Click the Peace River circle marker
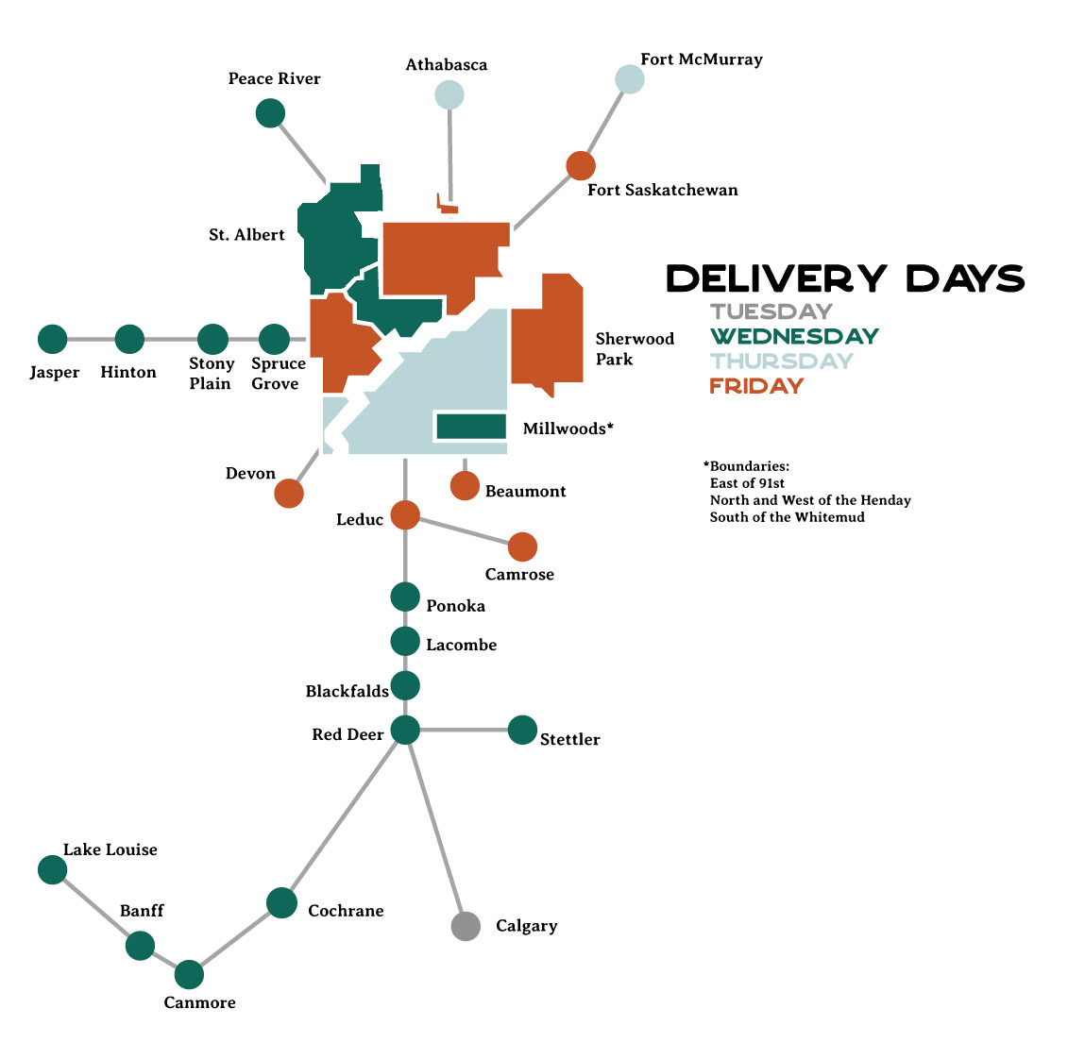tap(270, 113)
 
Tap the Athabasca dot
tap(449, 94)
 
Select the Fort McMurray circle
tap(630, 79)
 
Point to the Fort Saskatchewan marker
tap(581, 165)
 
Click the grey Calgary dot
tap(466, 927)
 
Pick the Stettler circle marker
tap(522, 730)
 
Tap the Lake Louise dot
tap(53, 869)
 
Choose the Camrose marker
tap(522, 546)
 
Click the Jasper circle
tap(53, 339)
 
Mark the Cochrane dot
tap(281, 902)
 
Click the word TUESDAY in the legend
tap(771, 311)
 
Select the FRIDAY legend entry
tap(756, 386)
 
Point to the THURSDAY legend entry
tap(782, 361)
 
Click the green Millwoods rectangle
tap(471, 427)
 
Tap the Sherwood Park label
tap(635, 348)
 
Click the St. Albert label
tap(246, 235)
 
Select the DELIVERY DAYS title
tap(845, 278)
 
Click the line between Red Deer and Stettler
tap(464, 730)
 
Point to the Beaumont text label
tap(525, 491)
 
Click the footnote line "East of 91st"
tap(747, 483)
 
